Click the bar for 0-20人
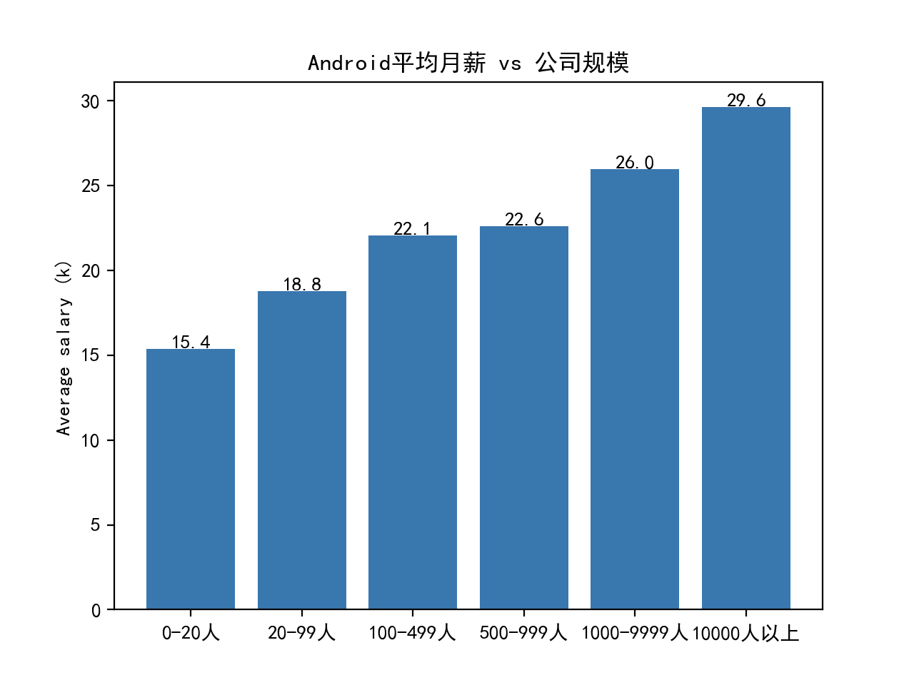(191, 479)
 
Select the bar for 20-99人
(302, 450)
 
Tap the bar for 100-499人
(413, 422)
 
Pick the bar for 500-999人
(524, 417)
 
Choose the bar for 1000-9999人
(635, 389)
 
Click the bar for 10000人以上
(746, 358)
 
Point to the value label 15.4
(191, 342)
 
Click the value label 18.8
(302, 285)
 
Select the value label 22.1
(413, 229)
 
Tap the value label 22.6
(524, 220)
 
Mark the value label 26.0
(635, 163)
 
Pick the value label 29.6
(746, 101)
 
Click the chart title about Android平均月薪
(468, 63)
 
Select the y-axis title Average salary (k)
(64, 347)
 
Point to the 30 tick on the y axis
(91, 101)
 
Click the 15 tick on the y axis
(91, 355)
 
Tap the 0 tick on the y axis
(96, 610)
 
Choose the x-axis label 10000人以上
(745, 633)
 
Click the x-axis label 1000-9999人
(634, 633)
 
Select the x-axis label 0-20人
(191, 633)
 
